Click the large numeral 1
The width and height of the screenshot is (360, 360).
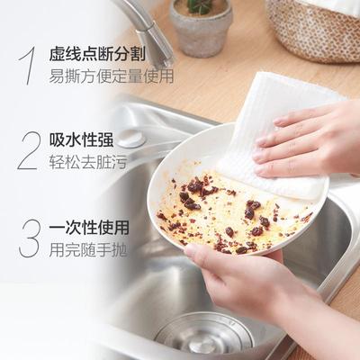click(x=28, y=65)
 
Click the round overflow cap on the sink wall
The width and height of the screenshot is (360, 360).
click(x=131, y=139)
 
